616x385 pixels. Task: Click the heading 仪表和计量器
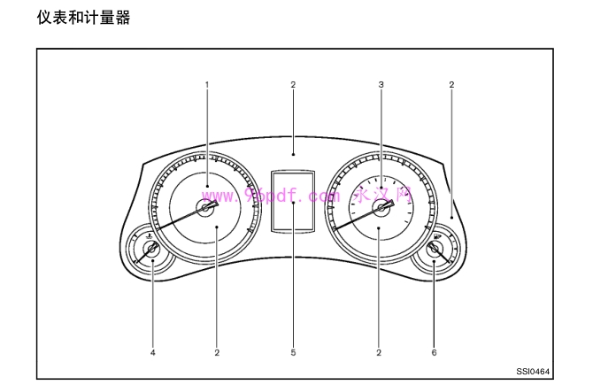click(83, 17)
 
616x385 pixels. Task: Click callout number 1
click(207, 85)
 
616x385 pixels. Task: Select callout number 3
click(381, 85)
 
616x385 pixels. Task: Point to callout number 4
click(152, 352)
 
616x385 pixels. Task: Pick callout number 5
click(293, 352)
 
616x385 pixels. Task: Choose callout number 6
click(434, 352)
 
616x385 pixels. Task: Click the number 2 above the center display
click(293, 85)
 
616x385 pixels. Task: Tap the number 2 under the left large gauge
click(216, 352)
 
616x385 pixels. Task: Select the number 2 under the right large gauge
click(379, 352)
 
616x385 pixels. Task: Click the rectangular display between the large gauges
click(293, 201)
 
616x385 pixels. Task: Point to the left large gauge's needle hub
click(207, 208)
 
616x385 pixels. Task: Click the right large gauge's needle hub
click(381, 208)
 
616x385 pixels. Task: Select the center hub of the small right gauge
click(434, 250)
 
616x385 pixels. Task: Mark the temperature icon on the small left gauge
click(146, 236)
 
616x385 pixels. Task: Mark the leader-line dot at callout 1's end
click(207, 187)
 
